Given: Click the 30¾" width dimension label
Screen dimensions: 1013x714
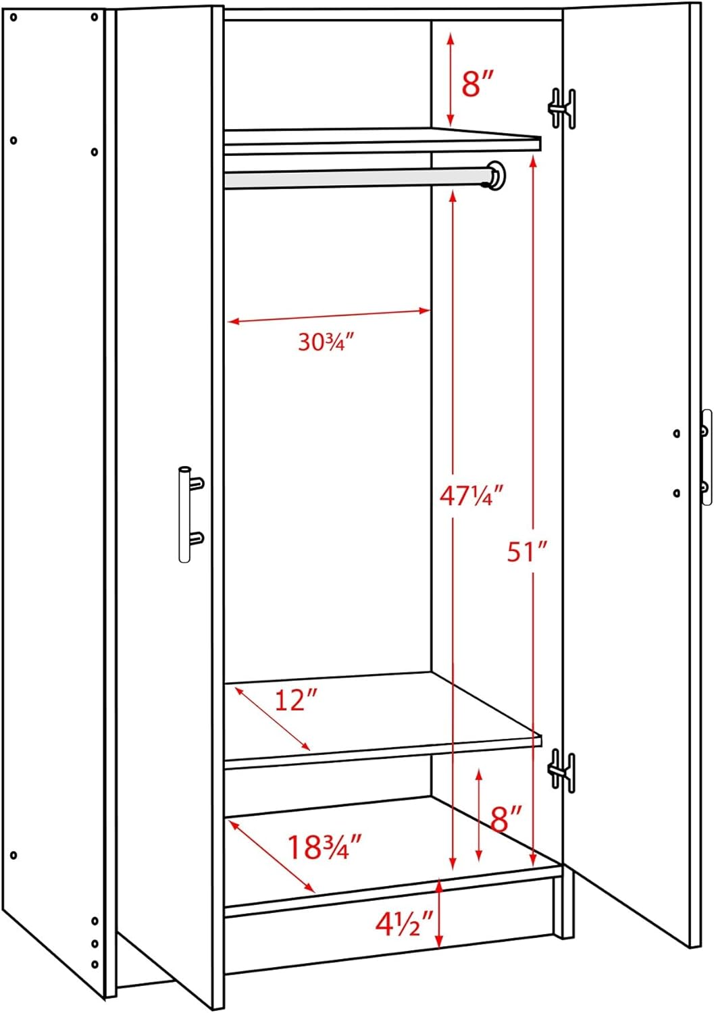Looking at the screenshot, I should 326,342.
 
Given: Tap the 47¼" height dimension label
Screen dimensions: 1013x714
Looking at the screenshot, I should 471,496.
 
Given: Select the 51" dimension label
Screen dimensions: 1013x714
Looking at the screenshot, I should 526,552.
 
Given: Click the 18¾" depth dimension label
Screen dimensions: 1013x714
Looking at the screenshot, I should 325,848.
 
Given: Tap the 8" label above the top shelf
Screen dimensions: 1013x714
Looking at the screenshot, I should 478,84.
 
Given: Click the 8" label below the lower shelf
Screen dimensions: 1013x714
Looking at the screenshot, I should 507,820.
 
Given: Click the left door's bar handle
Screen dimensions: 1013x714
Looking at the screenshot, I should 184,514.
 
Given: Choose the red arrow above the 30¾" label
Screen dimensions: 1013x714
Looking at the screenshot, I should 328,316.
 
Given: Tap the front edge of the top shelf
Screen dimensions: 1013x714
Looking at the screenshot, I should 382,144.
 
